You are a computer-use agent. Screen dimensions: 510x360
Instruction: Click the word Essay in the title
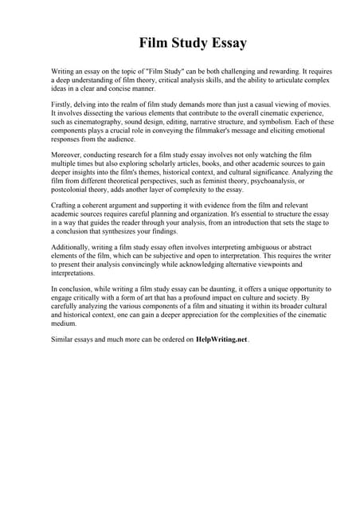pos(226,43)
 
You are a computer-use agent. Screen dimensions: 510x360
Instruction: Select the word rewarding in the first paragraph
pos(288,72)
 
